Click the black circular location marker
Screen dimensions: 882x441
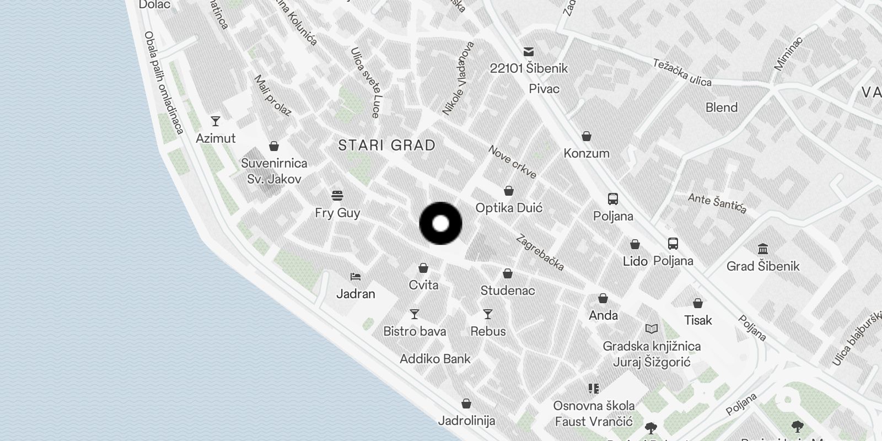pyautogui.click(x=440, y=224)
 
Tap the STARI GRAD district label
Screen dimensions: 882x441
pyautogui.click(x=386, y=146)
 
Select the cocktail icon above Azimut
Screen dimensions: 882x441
pyautogui.click(x=216, y=121)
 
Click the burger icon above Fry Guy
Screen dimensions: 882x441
pyautogui.click(x=337, y=196)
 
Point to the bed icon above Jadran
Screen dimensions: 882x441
pyautogui.click(x=356, y=276)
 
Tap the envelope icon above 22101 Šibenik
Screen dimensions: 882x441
pyautogui.click(x=529, y=52)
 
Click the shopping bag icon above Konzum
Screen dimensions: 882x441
pyautogui.click(x=587, y=136)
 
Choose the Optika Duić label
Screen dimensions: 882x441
pyautogui.click(x=509, y=208)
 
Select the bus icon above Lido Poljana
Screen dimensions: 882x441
pyautogui.click(x=673, y=244)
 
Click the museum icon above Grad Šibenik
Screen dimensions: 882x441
pyautogui.click(x=763, y=249)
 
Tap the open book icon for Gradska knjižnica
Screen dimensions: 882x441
pyautogui.click(x=652, y=329)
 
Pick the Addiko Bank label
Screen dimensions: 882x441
pyautogui.click(x=435, y=359)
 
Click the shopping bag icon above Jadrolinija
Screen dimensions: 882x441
pyautogui.click(x=466, y=404)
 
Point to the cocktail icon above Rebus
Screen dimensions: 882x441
pyautogui.click(x=488, y=314)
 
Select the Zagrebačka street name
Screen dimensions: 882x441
pyautogui.click(x=540, y=253)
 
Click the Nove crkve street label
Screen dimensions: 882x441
pyautogui.click(x=512, y=163)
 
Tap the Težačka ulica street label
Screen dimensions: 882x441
pyautogui.click(x=682, y=73)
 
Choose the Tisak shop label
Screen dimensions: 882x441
pyautogui.click(x=698, y=320)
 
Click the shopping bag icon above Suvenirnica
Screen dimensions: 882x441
pyautogui.click(x=274, y=146)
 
